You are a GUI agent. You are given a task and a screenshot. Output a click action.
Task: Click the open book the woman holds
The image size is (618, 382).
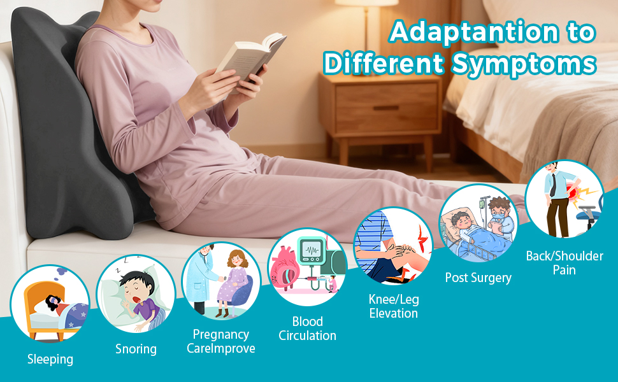click(251, 59)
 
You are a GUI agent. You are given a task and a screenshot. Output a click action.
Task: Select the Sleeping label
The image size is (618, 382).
click(50, 360)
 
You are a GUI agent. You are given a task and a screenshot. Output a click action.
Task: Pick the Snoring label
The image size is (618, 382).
click(136, 350)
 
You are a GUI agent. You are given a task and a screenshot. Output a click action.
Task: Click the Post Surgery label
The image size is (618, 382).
click(478, 278)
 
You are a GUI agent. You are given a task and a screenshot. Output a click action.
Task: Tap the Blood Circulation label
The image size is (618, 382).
click(308, 329)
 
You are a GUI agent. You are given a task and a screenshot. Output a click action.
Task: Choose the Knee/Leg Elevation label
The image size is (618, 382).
click(394, 306)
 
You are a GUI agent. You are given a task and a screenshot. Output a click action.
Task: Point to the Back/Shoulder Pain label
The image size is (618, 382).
click(564, 263)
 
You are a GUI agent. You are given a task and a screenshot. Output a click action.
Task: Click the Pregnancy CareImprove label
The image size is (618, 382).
click(220, 341)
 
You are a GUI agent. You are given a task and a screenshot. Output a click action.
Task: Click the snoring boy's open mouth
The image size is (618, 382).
click(137, 300)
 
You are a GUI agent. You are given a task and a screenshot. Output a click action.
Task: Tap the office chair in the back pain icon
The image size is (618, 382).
click(589, 215)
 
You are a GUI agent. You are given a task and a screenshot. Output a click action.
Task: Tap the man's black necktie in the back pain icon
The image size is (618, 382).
click(554, 185)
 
